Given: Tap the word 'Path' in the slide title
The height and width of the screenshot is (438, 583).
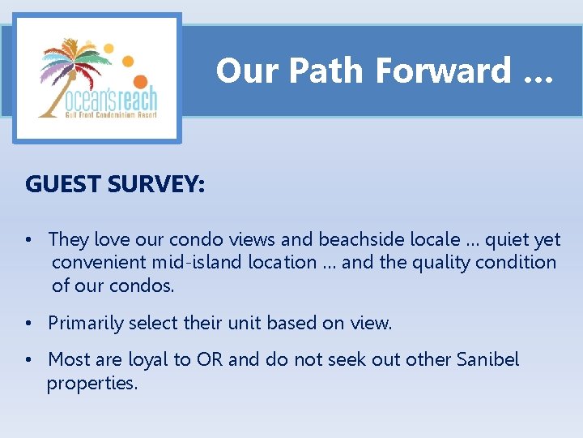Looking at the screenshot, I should [x=327, y=71].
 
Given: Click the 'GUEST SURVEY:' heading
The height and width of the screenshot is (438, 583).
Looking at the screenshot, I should [x=115, y=184].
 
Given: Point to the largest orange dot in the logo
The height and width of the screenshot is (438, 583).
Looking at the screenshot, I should [x=140, y=82].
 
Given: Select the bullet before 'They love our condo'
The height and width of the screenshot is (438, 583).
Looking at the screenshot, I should [x=29, y=240].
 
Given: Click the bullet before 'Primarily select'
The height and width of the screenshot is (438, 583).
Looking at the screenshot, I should [x=29, y=324].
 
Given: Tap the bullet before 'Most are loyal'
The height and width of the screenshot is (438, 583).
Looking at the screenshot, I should [x=29, y=360].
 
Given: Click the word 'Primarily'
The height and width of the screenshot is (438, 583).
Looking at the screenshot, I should [x=83, y=323].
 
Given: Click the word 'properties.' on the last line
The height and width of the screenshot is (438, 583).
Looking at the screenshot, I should [x=92, y=383].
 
